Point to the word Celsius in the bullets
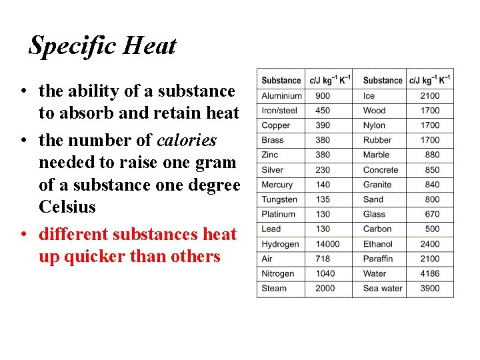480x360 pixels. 67,207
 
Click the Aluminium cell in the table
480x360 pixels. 281,95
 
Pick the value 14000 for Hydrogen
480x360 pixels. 327,244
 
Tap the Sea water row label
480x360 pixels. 383,288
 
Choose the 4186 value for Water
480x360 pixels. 430,273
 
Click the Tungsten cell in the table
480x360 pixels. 279,199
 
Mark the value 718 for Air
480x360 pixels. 323,259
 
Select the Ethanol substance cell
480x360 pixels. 378,244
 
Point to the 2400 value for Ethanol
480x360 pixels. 430,244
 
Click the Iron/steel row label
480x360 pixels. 279,110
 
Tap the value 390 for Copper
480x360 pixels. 323,125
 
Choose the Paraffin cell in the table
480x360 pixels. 378,259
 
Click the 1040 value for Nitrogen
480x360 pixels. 325,273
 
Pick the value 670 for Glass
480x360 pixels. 432,214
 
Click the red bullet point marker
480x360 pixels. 23,235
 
